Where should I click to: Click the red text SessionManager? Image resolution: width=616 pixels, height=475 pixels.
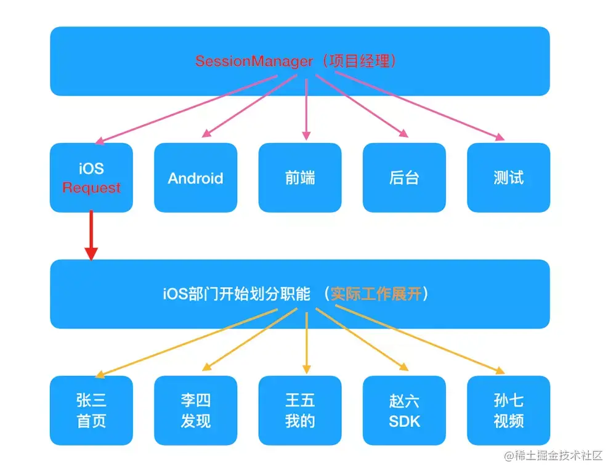click(x=254, y=62)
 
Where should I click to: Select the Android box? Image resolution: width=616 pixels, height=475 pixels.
click(x=195, y=178)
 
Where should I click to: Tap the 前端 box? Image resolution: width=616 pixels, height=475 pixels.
click(x=300, y=178)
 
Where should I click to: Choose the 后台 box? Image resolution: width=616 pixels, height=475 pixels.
click(x=404, y=178)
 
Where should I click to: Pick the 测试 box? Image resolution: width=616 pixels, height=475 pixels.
click(x=508, y=178)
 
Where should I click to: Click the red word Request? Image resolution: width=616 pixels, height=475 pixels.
click(x=91, y=188)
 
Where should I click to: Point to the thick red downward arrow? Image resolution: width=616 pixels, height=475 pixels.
click(x=91, y=237)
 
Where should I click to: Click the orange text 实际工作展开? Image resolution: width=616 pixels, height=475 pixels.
click(x=376, y=294)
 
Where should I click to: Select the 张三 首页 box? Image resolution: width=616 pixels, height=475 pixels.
click(x=91, y=411)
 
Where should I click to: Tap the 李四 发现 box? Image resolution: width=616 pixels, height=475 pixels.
click(x=195, y=411)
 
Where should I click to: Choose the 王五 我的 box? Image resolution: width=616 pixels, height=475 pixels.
click(x=300, y=411)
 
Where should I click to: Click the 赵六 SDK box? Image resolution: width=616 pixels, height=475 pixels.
click(x=404, y=411)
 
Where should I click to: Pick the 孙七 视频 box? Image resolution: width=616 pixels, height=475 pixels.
click(x=508, y=411)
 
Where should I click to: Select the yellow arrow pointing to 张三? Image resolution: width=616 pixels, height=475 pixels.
click(x=185, y=343)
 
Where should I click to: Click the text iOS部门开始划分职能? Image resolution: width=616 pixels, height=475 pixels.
click(x=237, y=294)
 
